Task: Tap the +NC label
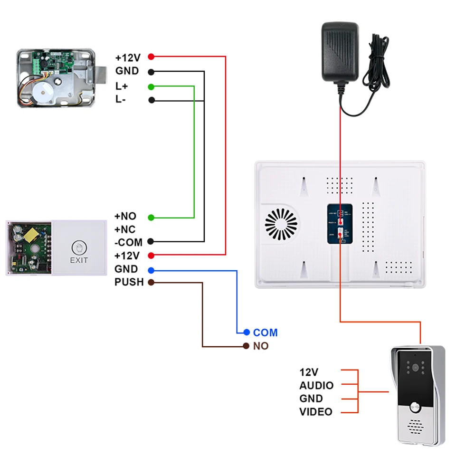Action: point(125,229)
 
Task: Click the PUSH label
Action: point(129,282)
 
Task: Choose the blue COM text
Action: point(265,332)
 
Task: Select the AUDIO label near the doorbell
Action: point(316,386)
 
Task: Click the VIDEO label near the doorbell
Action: point(316,412)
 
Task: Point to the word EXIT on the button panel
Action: point(79,260)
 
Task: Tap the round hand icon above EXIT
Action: point(79,247)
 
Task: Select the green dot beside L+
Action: point(151,86)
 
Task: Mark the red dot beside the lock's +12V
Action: point(151,57)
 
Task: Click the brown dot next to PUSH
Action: point(151,283)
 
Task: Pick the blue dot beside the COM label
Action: point(246,332)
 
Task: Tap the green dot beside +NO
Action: point(151,217)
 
